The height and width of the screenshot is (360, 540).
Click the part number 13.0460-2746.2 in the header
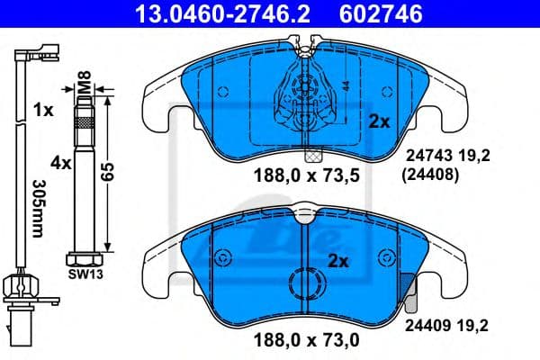[208, 13]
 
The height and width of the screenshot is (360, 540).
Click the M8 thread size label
[82, 87]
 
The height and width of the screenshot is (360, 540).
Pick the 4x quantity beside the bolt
[60, 164]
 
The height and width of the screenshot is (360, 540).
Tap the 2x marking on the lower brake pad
[337, 262]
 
